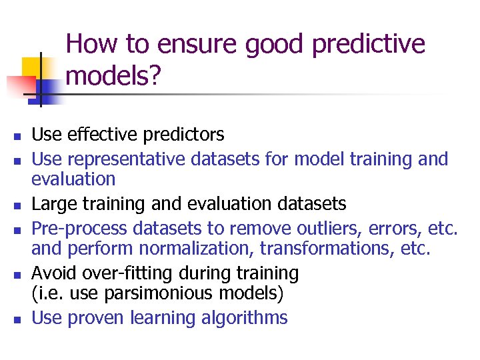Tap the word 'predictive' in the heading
[x=369, y=45]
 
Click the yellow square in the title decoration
[x=32, y=67]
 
